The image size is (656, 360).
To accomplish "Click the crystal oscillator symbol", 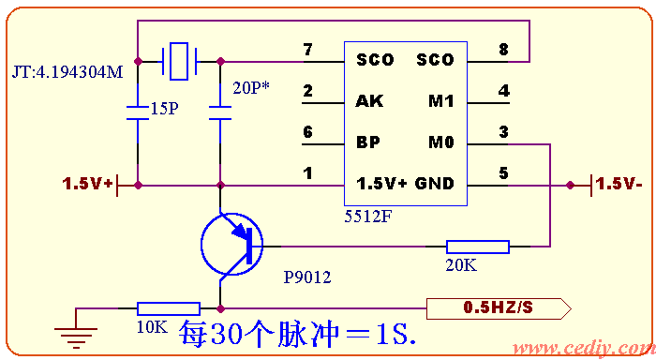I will (179, 60).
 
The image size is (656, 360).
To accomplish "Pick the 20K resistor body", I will (478, 247).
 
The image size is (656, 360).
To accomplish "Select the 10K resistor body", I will (169, 308).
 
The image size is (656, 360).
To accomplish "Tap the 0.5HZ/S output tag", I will (498, 307).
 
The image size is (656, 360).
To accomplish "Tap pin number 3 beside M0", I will (503, 133).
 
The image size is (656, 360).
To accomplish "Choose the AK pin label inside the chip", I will (369, 101).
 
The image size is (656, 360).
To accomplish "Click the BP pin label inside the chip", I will (368, 143).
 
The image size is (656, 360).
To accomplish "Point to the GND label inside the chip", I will (434, 184).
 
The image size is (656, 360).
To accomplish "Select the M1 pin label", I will (440, 101).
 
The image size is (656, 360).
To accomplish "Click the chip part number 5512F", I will (368, 216).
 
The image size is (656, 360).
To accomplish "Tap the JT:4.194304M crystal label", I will (67, 72).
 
